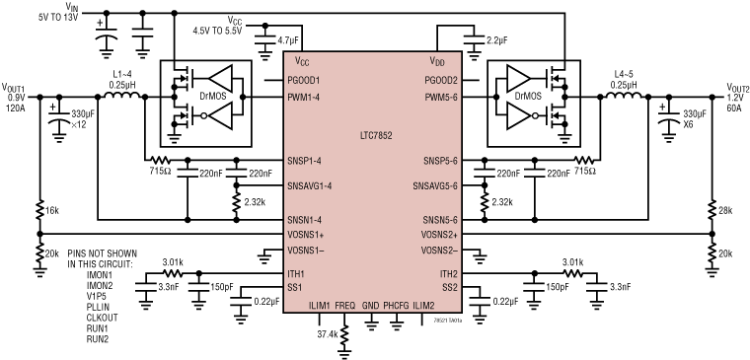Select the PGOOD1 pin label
[x=304, y=80]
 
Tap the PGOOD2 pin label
[x=441, y=80]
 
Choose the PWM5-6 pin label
[x=441, y=97]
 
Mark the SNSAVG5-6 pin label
[x=435, y=185]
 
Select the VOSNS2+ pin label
[x=439, y=235]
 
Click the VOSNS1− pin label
[x=305, y=251]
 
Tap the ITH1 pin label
[x=296, y=273]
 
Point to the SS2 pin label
[x=450, y=287]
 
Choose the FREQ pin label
[x=344, y=306]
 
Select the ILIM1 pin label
[x=319, y=306]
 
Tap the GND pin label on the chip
[x=370, y=306]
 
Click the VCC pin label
[x=302, y=61]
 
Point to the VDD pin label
[x=438, y=61]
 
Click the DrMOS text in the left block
[x=210, y=96]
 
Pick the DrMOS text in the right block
[x=527, y=96]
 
